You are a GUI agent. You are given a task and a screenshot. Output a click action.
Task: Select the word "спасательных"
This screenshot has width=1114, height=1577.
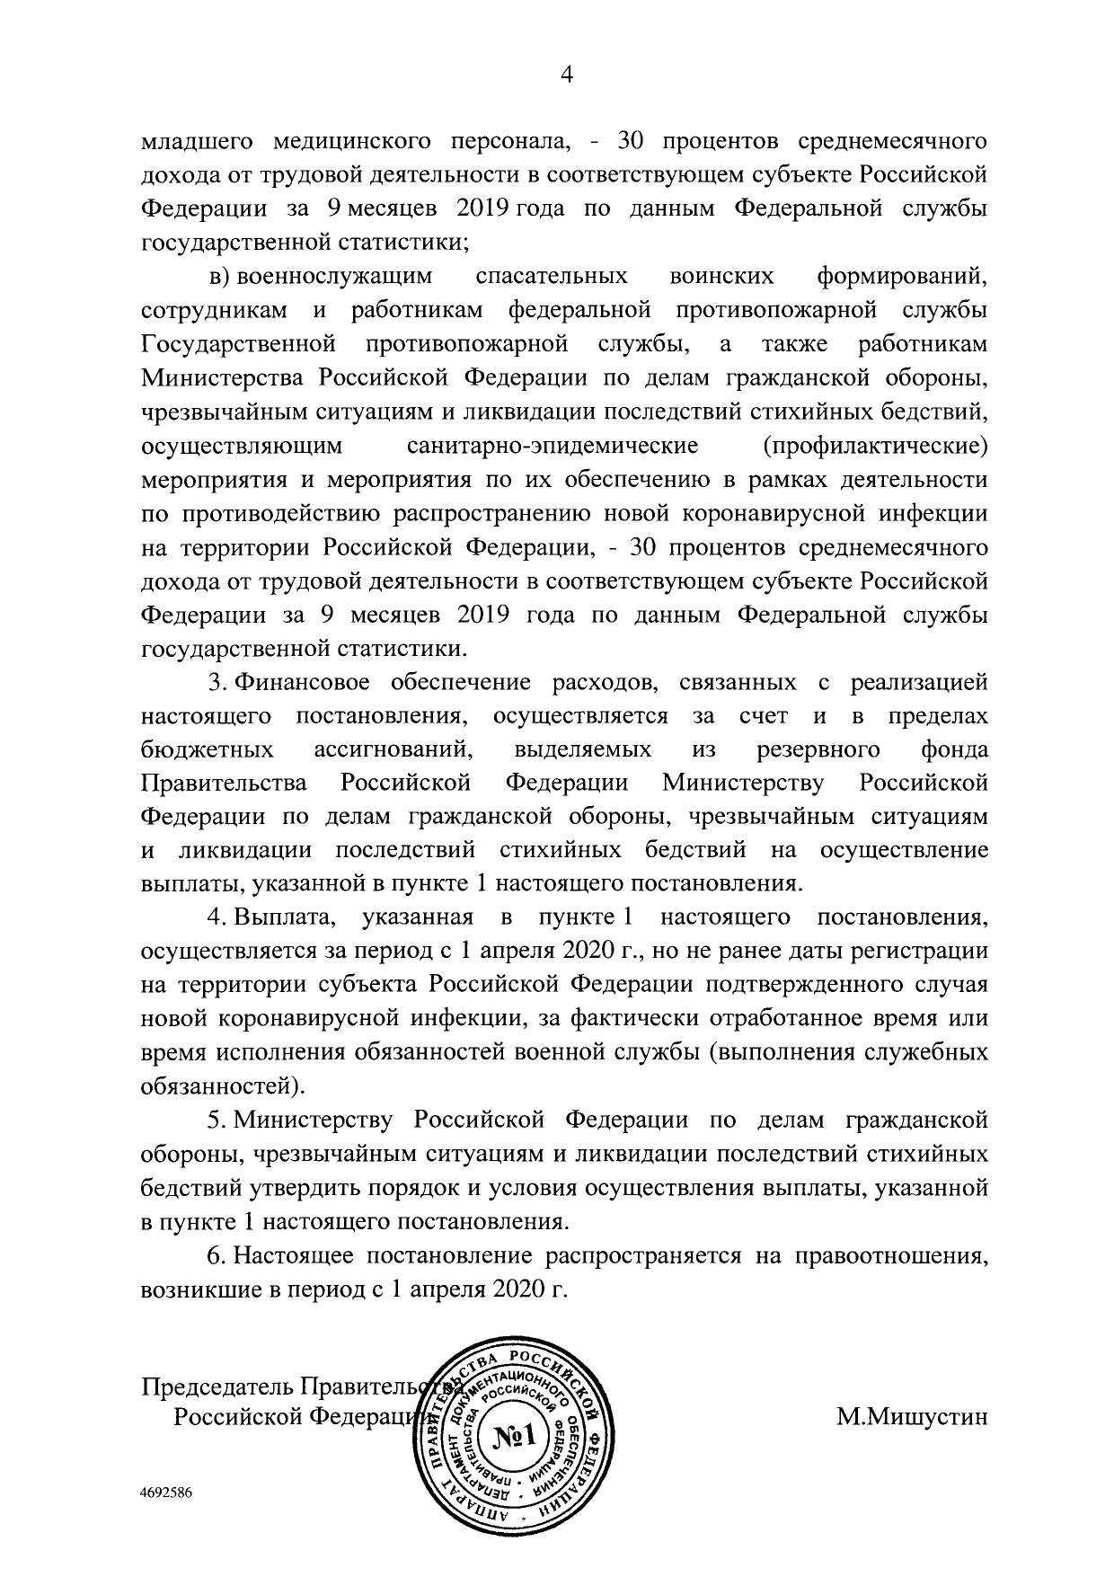coord(550,276)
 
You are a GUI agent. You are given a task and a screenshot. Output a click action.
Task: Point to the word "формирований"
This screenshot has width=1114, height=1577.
coord(902,276)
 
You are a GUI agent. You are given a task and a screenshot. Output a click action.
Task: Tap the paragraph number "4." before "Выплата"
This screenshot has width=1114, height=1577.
coord(217,918)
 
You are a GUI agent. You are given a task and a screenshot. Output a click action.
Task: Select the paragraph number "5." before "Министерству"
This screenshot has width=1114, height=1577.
coord(217,1121)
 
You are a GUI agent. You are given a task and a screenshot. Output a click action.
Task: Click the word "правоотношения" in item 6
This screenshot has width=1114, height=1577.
coord(889,1255)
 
